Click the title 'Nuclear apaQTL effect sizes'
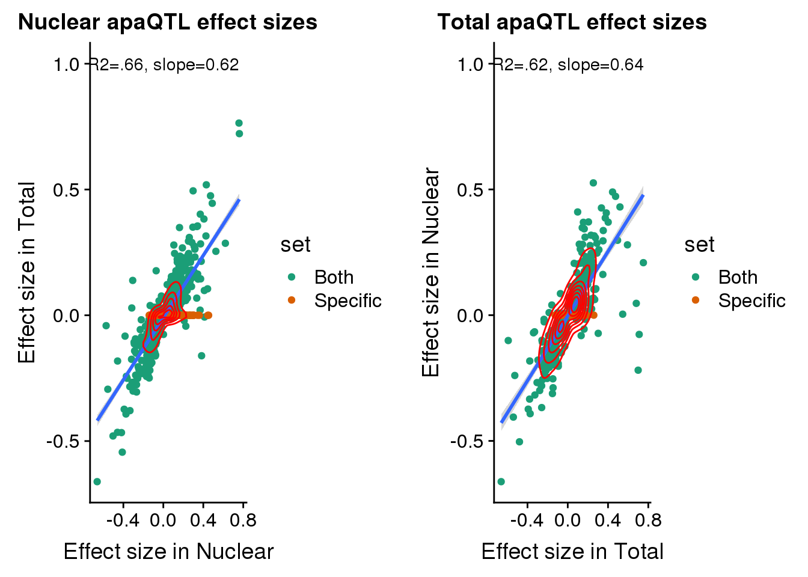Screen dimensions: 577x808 [x=168, y=22]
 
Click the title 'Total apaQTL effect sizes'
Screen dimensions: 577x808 [x=572, y=22]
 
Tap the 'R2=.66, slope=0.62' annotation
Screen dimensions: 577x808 [x=164, y=65]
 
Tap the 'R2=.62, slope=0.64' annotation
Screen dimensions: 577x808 [x=569, y=65]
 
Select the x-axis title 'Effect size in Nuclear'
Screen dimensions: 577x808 [x=168, y=551]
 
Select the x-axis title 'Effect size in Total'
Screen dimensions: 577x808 [x=572, y=551]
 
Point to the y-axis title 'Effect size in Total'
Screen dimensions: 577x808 [x=27, y=272]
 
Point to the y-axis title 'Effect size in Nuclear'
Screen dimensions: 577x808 [x=431, y=272]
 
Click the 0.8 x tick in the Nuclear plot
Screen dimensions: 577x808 [x=243, y=520]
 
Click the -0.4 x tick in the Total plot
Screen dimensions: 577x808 [x=527, y=520]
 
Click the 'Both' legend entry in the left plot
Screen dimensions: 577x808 [x=334, y=277]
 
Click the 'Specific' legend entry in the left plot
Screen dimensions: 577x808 [x=347, y=301]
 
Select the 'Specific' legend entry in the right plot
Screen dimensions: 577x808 [x=751, y=301]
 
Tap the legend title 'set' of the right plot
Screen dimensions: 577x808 [x=699, y=245]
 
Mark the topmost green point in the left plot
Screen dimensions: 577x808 [x=239, y=123]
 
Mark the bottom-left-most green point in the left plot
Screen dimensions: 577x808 [x=97, y=481]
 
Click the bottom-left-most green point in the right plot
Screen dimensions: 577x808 [x=501, y=481]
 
